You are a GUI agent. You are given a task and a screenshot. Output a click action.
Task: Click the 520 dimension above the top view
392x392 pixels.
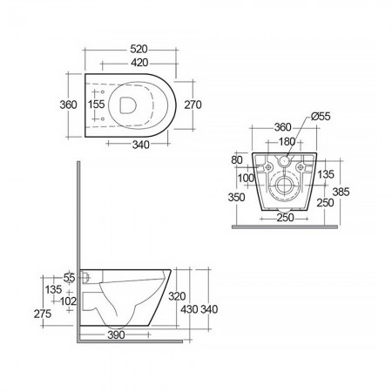pos(139,50)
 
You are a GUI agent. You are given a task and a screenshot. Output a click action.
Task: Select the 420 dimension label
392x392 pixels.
pos(139,63)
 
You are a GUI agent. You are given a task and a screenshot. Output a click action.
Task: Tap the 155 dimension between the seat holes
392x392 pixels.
pos(97,105)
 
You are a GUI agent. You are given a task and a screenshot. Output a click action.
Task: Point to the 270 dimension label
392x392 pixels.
pos(193,105)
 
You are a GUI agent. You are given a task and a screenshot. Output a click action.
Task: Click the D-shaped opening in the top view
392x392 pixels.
pos(128,105)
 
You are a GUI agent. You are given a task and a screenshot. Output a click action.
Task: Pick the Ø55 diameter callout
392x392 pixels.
pos(321,117)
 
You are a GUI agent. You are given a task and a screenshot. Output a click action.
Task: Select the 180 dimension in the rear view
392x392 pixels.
pos(287,142)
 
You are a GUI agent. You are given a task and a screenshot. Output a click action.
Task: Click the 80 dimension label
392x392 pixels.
pos(237,160)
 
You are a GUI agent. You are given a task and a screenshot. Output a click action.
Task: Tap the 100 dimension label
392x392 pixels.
pos(246,178)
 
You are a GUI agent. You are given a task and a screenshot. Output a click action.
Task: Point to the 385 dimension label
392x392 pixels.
pos(341,192)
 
